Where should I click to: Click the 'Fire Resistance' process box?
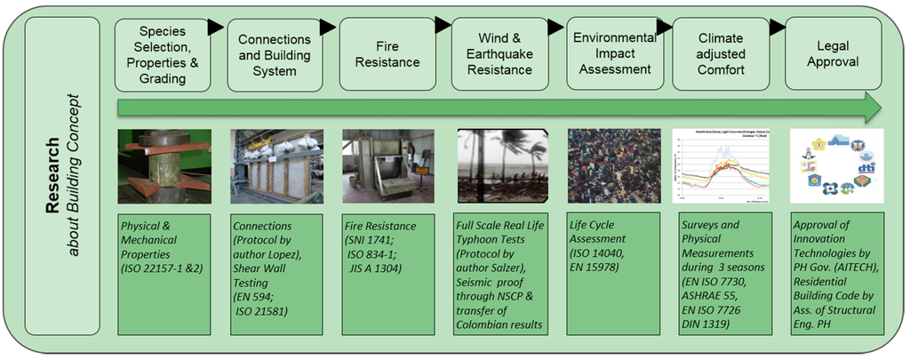click(387, 55)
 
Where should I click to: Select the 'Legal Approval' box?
click(833, 55)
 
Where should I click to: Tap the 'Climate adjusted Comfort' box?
click(720, 55)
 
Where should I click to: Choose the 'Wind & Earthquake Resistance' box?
click(498, 55)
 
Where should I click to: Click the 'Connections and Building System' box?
click(275, 55)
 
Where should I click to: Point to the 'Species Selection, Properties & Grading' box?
click(163, 55)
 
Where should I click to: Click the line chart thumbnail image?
click(721, 166)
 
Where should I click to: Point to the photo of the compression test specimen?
click(164, 166)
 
